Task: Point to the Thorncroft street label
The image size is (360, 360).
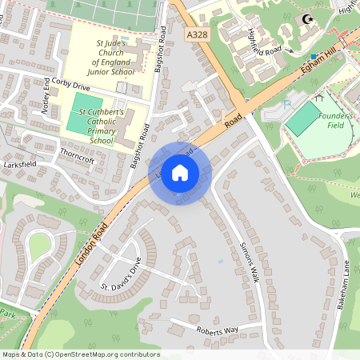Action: [77, 159]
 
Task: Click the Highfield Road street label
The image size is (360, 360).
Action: [265, 42]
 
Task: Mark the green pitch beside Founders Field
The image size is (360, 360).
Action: [302, 119]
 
